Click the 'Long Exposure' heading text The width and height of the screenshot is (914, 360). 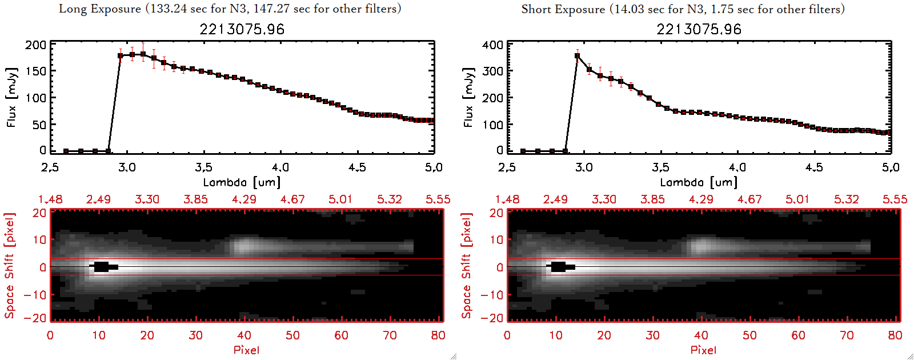click(x=100, y=9)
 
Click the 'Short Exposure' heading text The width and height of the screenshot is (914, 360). click(x=563, y=9)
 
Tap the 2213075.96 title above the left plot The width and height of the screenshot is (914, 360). click(x=242, y=29)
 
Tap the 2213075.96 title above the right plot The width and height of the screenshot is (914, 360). click(x=699, y=29)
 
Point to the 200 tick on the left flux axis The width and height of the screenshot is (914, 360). click(x=35, y=45)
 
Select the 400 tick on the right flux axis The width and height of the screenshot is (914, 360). click(x=492, y=45)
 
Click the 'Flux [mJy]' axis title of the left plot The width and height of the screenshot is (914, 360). click(x=11, y=97)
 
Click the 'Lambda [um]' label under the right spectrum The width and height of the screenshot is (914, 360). click(x=699, y=182)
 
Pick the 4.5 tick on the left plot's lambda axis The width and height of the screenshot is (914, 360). click(x=357, y=167)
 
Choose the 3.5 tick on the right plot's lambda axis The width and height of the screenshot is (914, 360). click(x=660, y=167)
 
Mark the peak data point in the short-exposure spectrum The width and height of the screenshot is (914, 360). click(x=578, y=56)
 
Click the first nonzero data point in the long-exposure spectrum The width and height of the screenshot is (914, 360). click(x=121, y=55)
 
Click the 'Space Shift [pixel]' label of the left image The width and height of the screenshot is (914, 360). click(x=9, y=266)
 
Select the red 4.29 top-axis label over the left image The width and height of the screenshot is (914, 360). click(x=244, y=199)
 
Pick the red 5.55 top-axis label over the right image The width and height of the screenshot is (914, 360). click(x=895, y=199)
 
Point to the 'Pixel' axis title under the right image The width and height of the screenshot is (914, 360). click(x=703, y=350)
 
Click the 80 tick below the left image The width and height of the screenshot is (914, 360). click(x=438, y=335)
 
